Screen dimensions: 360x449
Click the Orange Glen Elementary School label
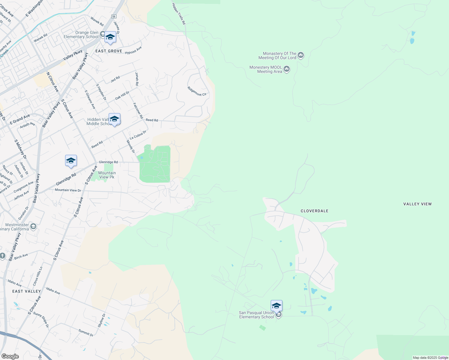[x=81, y=35]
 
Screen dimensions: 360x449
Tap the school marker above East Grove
[x=110, y=37]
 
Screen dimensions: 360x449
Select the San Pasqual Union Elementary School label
[x=256, y=315]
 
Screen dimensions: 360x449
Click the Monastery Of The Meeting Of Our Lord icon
[x=301, y=55]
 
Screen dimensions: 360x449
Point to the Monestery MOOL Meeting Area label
[x=266, y=69]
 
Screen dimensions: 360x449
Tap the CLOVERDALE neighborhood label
[x=315, y=211]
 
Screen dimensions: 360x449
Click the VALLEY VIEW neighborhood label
[x=417, y=204]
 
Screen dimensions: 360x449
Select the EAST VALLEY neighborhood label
[x=26, y=291]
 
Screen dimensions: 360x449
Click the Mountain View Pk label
[x=107, y=175]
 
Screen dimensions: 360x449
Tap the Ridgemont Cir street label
[x=197, y=91]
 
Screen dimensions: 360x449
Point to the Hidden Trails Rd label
[x=179, y=14]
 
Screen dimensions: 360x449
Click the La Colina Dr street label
[x=138, y=135]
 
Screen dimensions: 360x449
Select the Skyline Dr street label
[x=102, y=320]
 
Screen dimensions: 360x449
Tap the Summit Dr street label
[x=86, y=332]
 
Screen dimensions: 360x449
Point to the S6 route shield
[x=113, y=16]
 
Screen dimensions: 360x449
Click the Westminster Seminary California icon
[x=33, y=226]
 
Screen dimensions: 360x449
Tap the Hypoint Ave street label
[x=133, y=50]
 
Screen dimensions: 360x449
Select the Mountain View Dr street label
[x=68, y=190]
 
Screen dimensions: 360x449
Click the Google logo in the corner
[x=10, y=356]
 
